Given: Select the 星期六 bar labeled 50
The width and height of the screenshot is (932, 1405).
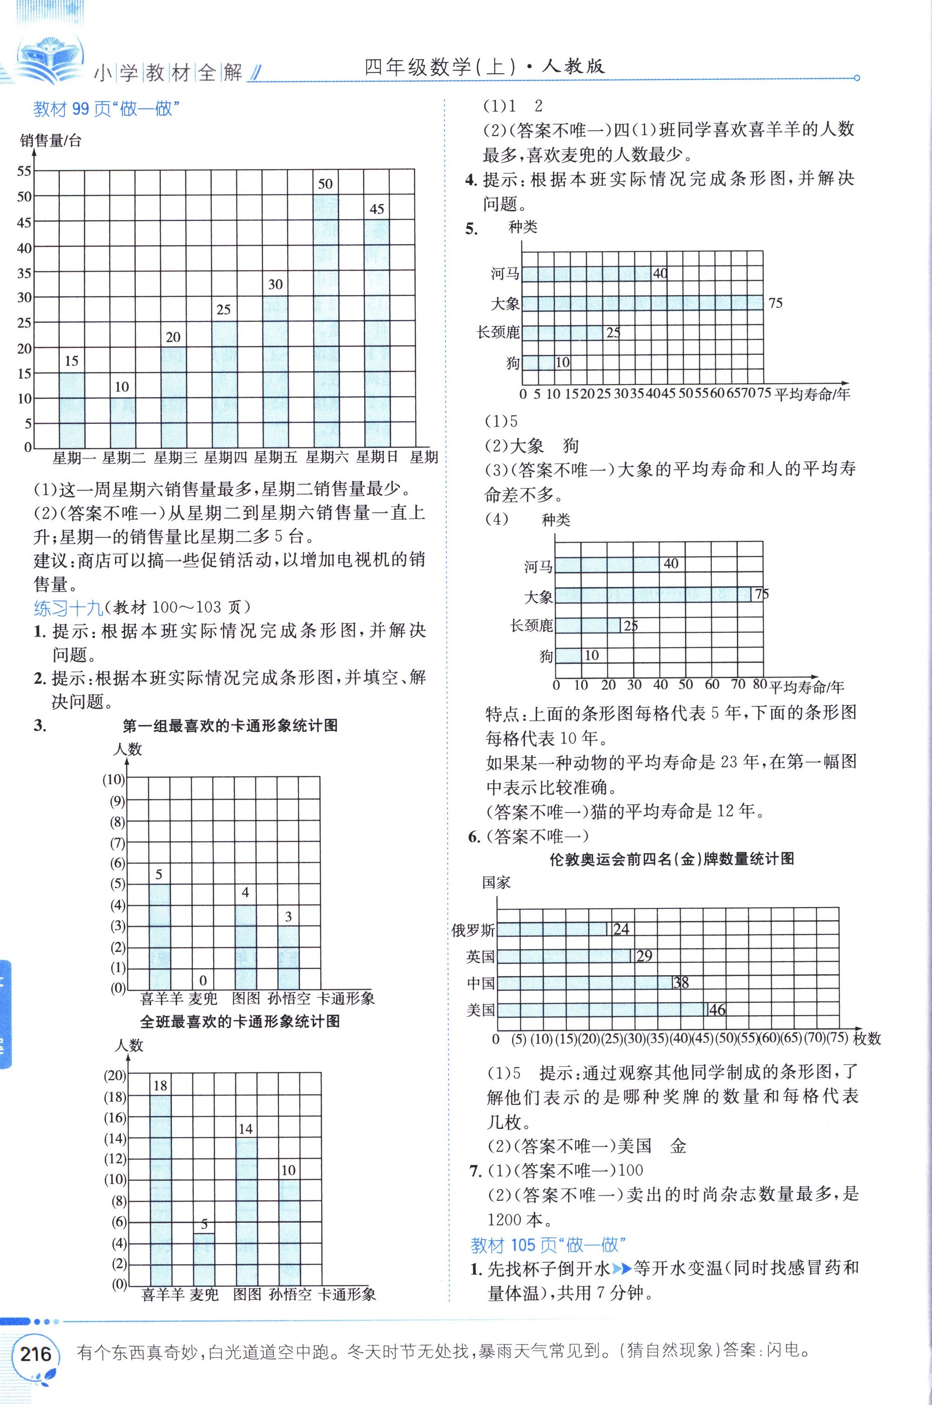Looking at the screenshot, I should [x=326, y=321].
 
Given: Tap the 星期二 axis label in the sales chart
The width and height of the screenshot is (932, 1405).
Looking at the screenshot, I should [x=124, y=457].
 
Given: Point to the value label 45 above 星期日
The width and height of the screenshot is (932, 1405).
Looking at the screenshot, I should [x=377, y=209].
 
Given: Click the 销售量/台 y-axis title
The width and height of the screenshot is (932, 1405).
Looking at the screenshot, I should [x=51, y=141].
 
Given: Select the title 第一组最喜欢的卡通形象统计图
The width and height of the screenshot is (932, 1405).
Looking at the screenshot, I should [x=230, y=725].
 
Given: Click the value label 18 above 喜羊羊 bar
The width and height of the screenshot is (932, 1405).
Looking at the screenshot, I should [x=160, y=1086].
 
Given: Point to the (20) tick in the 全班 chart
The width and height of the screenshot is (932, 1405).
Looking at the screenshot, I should [x=115, y=1075].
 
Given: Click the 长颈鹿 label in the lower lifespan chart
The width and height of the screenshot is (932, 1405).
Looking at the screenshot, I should [x=532, y=625].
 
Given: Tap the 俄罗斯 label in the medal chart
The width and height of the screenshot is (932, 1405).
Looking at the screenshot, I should [x=473, y=930].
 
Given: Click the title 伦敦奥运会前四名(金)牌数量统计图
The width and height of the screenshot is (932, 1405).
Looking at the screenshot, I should [x=672, y=859].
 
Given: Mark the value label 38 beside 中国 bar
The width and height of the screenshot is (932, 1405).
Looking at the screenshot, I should [x=680, y=983].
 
